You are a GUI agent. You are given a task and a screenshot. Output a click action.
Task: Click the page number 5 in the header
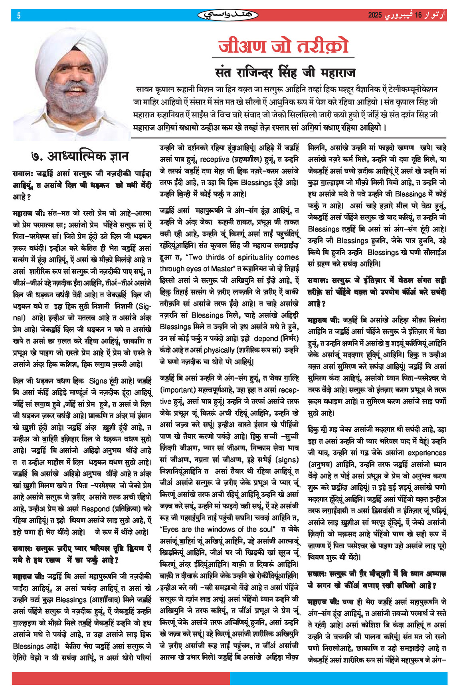pos(19,16)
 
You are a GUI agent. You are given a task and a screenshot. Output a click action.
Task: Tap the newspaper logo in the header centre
pos(228,16)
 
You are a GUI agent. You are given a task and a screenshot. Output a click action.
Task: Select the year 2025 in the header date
pos(375,16)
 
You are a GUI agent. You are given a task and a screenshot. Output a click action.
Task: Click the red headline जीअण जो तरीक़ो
pos(283,46)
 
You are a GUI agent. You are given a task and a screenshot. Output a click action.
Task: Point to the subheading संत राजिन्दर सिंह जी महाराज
pos(285,73)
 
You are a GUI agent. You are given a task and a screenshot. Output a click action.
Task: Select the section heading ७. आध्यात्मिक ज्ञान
pos(80,156)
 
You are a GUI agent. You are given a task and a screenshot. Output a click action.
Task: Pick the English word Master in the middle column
pos(224,269)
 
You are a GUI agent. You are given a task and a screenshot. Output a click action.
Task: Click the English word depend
pos(265,338)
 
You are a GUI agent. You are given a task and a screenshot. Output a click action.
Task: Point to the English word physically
pos(219,350)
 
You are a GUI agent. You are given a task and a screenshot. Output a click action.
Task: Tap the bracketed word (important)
pos(177,390)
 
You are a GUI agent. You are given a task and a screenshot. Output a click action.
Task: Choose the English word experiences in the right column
pos(426,453)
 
